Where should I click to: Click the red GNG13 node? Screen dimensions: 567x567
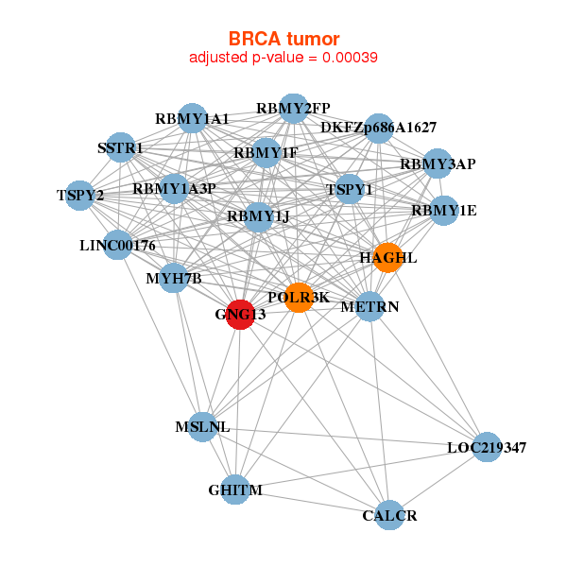tap(240, 315)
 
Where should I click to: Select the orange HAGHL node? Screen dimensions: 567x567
tap(387, 257)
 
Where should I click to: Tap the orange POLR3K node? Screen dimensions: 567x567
tap(299, 298)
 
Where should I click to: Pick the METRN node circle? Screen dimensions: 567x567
tap(369, 306)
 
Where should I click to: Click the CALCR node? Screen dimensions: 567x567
tap(389, 515)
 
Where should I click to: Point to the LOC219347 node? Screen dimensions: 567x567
tap(487, 447)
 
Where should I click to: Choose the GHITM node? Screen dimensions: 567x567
tap(235, 490)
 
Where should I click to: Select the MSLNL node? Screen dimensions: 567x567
tap(203, 427)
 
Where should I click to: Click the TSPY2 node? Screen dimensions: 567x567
tap(79, 196)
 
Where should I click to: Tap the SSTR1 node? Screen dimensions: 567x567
tap(121, 147)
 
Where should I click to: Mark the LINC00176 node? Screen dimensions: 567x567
tap(118, 245)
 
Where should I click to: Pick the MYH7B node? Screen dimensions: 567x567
tap(174, 278)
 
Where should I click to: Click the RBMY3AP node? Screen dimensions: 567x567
tap(438, 163)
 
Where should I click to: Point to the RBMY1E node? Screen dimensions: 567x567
tap(444, 211)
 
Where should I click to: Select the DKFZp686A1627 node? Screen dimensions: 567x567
tap(379, 129)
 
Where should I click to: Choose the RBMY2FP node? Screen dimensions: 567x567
tap(294, 109)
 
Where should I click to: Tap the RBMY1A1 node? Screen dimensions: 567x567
tap(192, 118)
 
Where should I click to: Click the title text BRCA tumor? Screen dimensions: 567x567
tap(283, 39)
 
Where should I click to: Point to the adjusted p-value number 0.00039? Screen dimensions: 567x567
tap(350, 58)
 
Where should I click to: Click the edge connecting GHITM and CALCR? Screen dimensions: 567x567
tap(313, 503)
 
